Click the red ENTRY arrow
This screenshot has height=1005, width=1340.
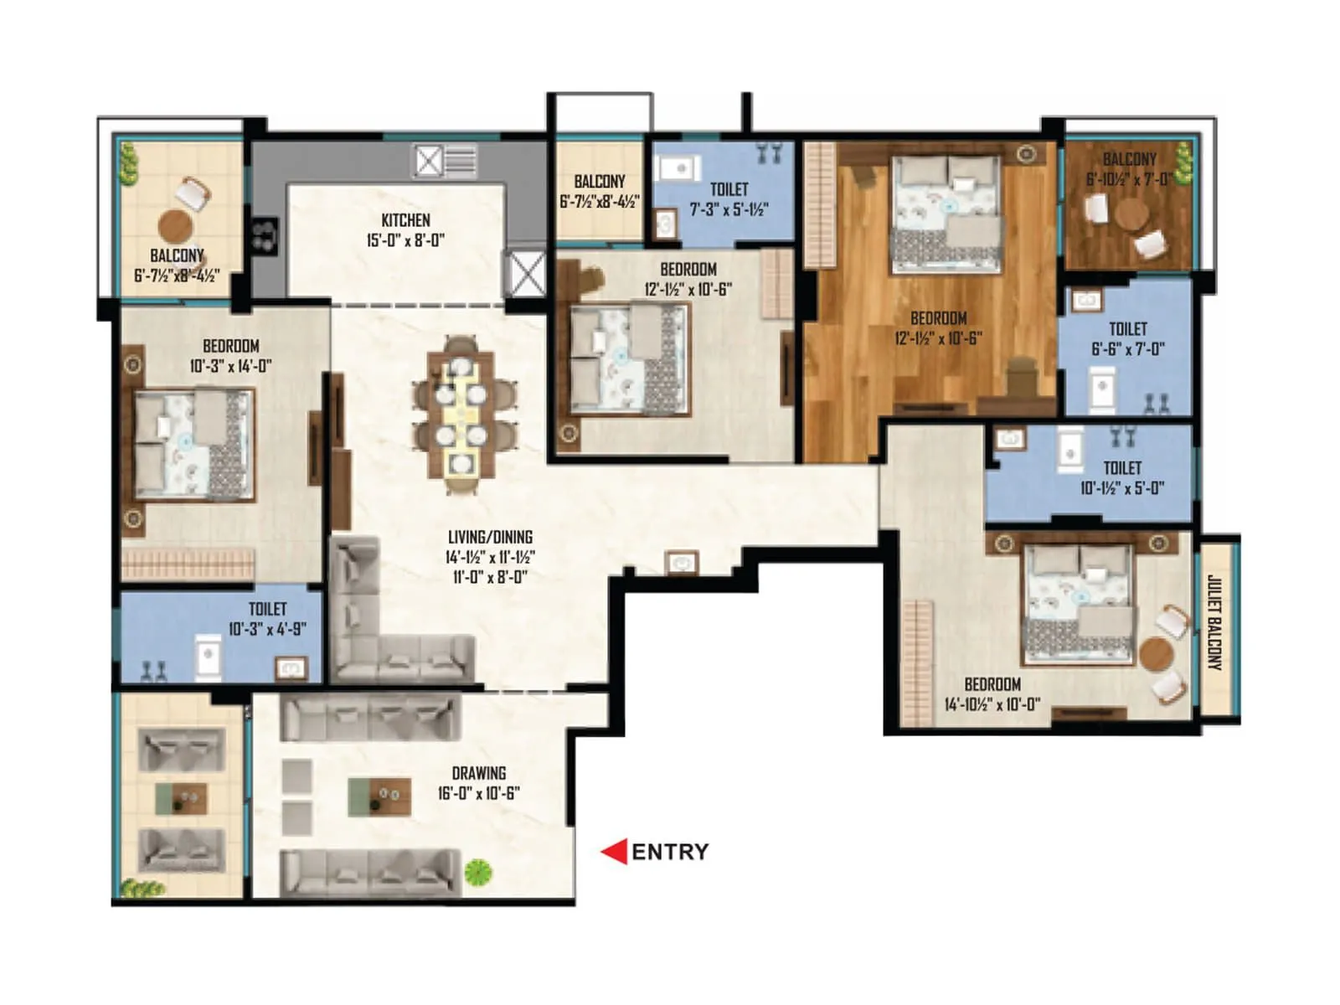(x=615, y=852)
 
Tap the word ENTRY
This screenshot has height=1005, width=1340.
(x=670, y=852)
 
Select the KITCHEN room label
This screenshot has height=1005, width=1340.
(x=405, y=220)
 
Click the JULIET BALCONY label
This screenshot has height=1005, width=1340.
(x=1215, y=621)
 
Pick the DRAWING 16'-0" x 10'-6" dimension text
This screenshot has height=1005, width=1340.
(x=479, y=793)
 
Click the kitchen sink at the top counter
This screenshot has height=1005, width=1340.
(x=446, y=161)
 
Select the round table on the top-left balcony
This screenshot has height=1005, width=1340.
(x=176, y=224)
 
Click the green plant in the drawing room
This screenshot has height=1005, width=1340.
(x=478, y=873)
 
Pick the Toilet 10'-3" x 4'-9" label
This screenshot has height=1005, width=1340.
(x=267, y=619)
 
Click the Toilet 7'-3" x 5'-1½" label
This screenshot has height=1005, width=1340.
(x=729, y=199)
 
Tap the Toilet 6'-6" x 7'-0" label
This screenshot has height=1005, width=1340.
(x=1127, y=339)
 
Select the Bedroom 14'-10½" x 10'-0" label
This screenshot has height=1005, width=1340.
(x=992, y=694)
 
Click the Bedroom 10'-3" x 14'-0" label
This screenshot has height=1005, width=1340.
(x=230, y=356)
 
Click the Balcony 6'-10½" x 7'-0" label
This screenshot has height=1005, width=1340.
(x=1129, y=169)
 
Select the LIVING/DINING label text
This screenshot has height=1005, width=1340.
(x=490, y=537)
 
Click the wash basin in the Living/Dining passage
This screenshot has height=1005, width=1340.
(x=682, y=563)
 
